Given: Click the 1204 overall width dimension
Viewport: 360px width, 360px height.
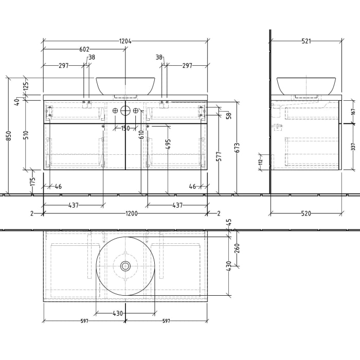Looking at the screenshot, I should pyautogui.click(x=125, y=41).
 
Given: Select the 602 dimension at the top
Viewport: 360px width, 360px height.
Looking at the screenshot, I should pyautogui.click(x=84, y=50).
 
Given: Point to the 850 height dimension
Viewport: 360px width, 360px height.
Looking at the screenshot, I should pyautogui.click(x=8, y=136).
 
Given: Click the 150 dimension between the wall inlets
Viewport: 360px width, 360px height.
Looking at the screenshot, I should pyautogui.click(x=125, y=129).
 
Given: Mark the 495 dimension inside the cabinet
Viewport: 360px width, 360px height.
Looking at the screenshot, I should pyautogui.click(x=168, y=144).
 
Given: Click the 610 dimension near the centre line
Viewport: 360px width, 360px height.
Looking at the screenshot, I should pyautogui.click(x=141, y=135).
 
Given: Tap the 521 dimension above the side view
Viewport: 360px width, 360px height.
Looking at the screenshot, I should pyautogui.click(x=307, y=41).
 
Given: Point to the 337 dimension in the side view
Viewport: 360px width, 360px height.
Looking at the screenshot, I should pyautogui.click(x=353, y=147).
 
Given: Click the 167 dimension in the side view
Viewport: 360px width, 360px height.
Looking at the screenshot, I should pyautogui.click(x=353, y=112).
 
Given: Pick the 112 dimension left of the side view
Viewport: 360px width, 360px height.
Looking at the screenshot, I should pyautogui.click(x=261, y=161).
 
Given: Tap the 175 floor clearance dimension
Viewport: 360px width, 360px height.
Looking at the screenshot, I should pyautogui.click(x=32, y=182).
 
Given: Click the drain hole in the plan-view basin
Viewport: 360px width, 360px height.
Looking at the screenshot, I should pyautogui.click(x=125, y=266).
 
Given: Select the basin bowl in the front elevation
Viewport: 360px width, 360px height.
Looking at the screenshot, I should pyautogui.click(x=125, y=85).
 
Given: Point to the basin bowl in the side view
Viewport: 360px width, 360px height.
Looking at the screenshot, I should pyautogui.click(x=307, y=85).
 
